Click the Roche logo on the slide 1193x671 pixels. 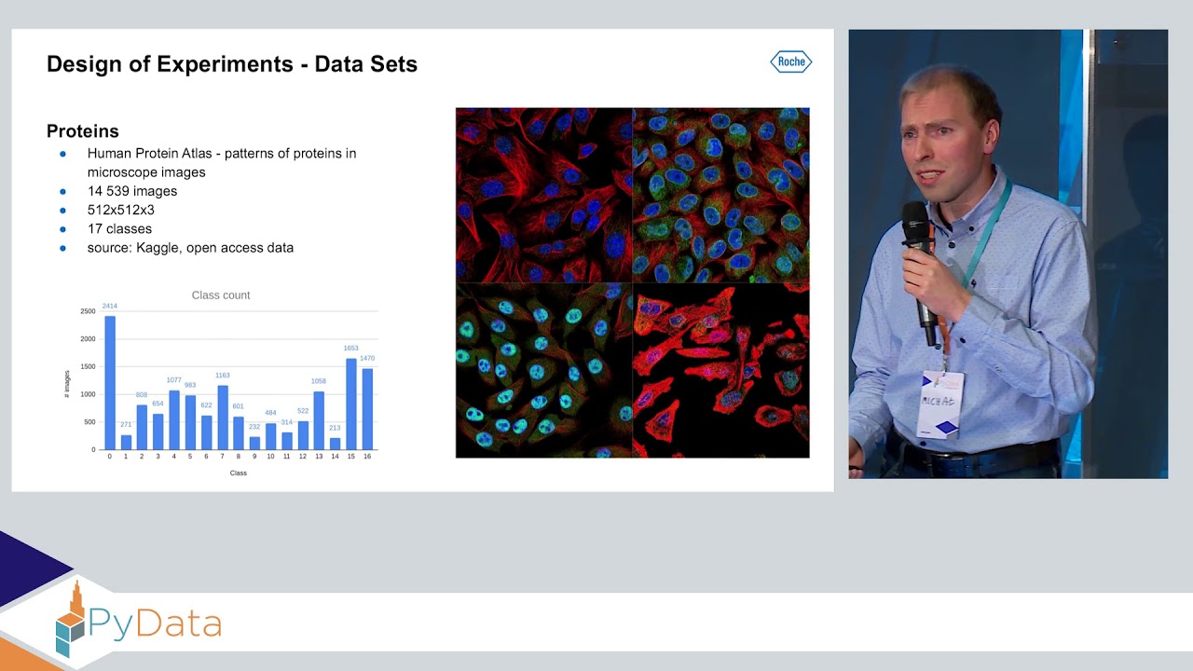(x=790, y=62)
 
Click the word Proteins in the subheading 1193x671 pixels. (x=83, y=131)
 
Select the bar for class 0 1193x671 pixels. (x=110, y=383)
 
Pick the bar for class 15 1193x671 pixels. (x=351, y=404)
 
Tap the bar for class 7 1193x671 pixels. (x=223, y=418)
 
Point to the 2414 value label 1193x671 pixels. (x=110, y=307)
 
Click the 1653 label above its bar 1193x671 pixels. (x=351, y=349)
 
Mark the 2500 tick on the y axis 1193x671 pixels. (x=88, y=311)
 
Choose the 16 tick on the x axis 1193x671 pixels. (x=367, y=457)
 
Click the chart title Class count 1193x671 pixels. (x=221, y=295)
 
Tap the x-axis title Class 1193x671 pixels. (x=239, y=473)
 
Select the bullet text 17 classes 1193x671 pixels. (x=119, y=228)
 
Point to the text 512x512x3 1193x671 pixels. (x=121, y=210)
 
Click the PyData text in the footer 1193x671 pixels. (x=156, y=623)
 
